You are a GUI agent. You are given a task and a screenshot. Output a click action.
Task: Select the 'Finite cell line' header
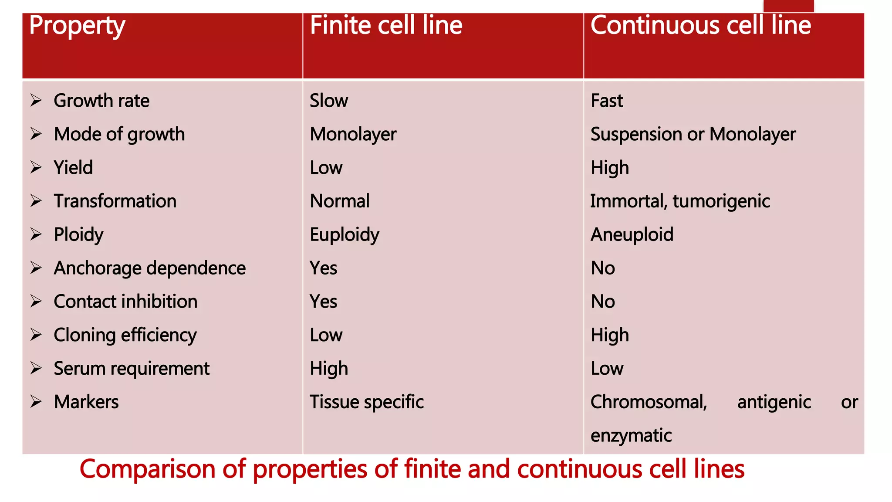click(386, 25)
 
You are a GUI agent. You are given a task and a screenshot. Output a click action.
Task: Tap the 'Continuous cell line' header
click(700, 25)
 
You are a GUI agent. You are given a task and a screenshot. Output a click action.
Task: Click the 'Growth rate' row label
click(101, 101)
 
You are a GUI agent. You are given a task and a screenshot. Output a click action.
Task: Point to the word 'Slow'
click(329, 101)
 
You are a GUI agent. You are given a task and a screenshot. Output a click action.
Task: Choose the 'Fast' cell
click(607, 101)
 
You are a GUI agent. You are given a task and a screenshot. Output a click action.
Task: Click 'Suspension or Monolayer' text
click(693, 134)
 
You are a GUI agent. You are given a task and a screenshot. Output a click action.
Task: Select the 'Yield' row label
click(73, 168)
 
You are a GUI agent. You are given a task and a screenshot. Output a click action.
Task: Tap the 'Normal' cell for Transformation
click(340, 201)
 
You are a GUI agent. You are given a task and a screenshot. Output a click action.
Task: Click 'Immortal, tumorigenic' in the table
click(680, 201)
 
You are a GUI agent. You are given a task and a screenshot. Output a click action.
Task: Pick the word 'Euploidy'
click(345, 235)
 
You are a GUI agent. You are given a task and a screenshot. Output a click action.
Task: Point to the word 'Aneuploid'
click(632, 235)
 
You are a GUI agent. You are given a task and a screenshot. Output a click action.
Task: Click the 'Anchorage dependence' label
click(149, 268)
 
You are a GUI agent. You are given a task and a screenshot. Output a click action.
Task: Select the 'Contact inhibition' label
click(125, 302)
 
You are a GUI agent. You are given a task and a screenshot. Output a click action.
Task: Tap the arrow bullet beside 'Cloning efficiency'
click(36, 335)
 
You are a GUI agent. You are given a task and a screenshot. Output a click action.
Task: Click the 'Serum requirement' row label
click(132, 369)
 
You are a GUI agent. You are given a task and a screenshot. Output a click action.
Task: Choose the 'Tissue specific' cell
click(367, 402)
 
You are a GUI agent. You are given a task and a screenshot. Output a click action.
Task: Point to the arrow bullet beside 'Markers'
click(36, 402)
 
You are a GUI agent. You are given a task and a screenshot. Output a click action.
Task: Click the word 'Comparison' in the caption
click(147, 469)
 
